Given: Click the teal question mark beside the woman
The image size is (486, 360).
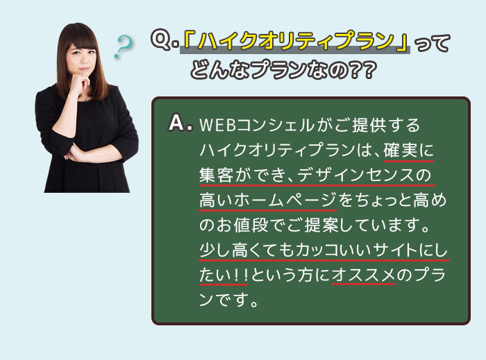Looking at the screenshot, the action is click(124, 46).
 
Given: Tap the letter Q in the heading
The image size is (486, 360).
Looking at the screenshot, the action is click(161, 40).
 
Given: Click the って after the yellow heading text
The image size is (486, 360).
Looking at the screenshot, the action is click(432, 43).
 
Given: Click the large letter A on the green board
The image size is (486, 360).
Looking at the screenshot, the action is click(177, 123).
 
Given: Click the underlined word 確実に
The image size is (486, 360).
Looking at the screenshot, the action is click(408, 151).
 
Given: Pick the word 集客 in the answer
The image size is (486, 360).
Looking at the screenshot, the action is click(216, 175).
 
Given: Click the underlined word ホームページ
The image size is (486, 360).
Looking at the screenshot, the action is click(285, 200).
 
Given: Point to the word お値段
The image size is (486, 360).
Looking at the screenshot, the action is click(234, 225).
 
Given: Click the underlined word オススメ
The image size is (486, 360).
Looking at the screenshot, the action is click(364, 275).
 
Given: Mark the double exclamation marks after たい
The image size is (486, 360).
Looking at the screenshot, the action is click(241, 275).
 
